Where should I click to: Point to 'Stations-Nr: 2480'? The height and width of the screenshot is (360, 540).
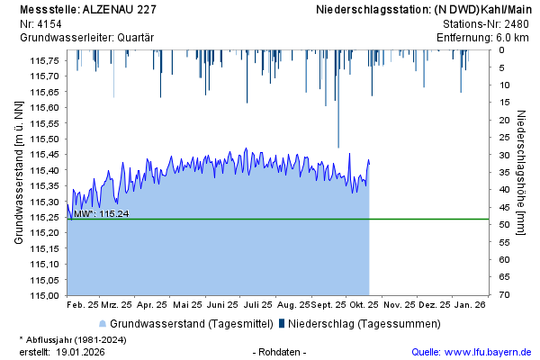point(486,23)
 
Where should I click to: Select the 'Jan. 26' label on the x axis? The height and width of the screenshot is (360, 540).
point(471,305)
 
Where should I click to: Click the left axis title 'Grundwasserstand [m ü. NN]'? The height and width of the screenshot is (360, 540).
point(18,173)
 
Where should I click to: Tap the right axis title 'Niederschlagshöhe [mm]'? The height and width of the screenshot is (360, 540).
point(522,173)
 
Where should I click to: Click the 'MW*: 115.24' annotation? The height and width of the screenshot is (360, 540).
point(102,214)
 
